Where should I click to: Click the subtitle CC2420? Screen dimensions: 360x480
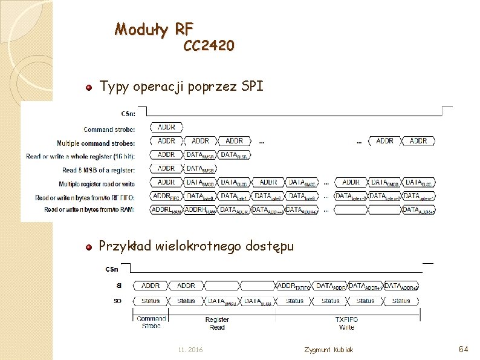click(x=209, y=46)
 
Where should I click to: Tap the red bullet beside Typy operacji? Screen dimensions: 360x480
click(x=88, y=88)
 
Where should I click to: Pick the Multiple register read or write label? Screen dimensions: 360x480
click(x=97, y=184)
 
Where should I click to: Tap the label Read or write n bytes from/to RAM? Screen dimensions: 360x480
click(x=89, y=209)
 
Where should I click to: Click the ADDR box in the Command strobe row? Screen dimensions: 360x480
click(x=166, y=128)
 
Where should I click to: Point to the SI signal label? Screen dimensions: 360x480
click(x=118, y=286)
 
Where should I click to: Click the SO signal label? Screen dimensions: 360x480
click(x=117, y=301)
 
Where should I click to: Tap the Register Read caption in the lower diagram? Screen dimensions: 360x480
click(x=217, y=323)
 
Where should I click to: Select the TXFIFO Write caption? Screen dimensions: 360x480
click(x=346, y=323)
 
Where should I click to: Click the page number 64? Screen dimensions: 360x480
click(x=464, y=350)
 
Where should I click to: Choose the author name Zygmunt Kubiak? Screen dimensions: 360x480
click(x=329, y=350)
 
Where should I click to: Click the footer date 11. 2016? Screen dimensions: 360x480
click(x=191, y=350)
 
